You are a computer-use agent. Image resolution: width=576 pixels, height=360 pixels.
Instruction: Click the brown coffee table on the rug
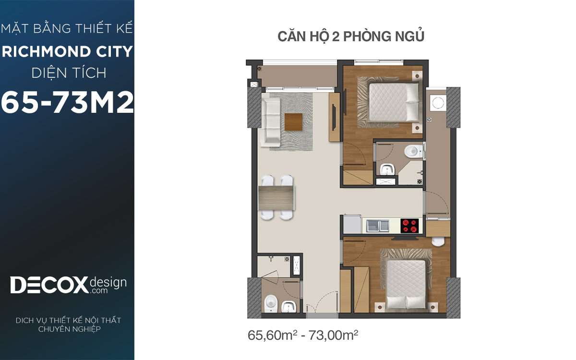[x=293, y=122]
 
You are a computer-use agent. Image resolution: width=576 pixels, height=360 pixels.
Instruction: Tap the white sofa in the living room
[x=270, y=120]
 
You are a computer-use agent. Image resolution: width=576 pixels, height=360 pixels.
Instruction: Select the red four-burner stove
[x=409, y=226]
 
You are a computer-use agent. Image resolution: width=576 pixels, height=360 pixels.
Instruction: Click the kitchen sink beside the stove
[x=378, y=226]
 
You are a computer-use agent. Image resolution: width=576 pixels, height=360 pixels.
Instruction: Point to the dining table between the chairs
[x=276, y=197]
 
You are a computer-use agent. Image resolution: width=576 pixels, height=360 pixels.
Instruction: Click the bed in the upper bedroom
[x=394, y=102]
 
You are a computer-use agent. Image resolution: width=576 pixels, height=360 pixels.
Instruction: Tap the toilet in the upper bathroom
[x=413, y=151]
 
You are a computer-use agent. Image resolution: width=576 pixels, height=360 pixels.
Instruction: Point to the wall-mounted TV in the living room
[x=334, y=117]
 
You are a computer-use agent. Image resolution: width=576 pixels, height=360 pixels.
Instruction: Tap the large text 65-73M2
[x=67, y=102]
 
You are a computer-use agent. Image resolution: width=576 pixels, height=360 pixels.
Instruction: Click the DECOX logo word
[x=49, y=285]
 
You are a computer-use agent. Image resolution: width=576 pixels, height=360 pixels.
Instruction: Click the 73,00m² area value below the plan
[x=333, y=336]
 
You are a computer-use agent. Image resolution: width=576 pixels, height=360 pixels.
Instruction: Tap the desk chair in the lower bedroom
[x=438, y=242]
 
